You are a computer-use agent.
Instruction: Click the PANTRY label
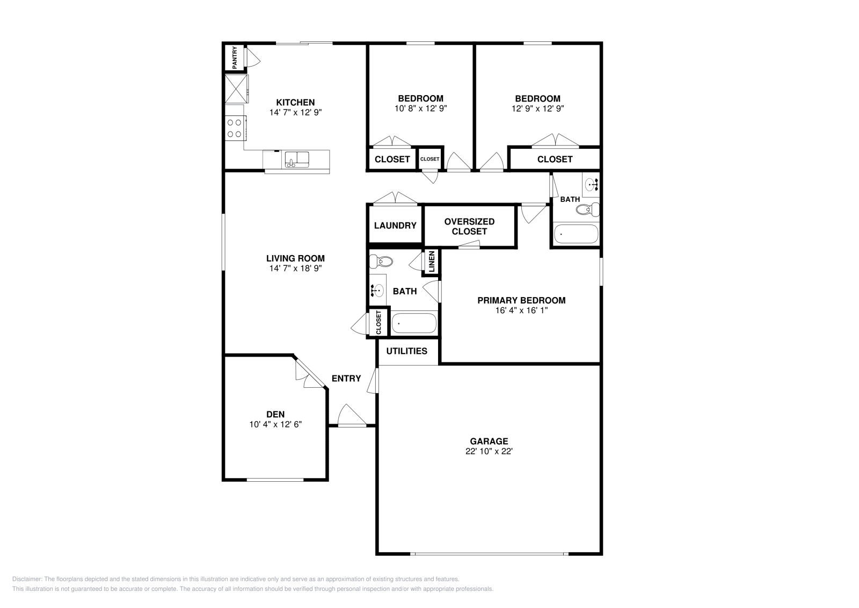[x=234, y=58]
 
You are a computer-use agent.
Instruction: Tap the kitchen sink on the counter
[x=297, y=160]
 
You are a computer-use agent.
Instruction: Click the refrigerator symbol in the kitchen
[x=236, y=89]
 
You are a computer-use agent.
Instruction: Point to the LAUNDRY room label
[x=395, y=226]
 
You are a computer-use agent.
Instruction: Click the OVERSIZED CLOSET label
[x=469, y=226]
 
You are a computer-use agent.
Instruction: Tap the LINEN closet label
[x=432, y=262]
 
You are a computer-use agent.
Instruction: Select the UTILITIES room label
[x=406, y=351]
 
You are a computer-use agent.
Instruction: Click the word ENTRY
[x=346, y=379]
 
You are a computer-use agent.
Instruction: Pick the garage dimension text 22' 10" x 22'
[x=489, y=452]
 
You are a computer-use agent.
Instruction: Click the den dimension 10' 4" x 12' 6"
[x=275, y=424]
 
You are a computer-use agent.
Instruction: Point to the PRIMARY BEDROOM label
[x=521, y=300]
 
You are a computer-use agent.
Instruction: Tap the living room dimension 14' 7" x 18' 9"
[x=295, y=268]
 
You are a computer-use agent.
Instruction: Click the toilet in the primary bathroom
[x=381, y=262]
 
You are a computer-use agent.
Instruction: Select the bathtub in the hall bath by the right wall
[x=576, y=234]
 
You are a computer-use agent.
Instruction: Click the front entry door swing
[x=352, y=415]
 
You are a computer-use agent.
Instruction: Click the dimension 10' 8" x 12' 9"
[x=421, y=108]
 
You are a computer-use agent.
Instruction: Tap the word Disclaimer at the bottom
[x=26, y=579]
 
